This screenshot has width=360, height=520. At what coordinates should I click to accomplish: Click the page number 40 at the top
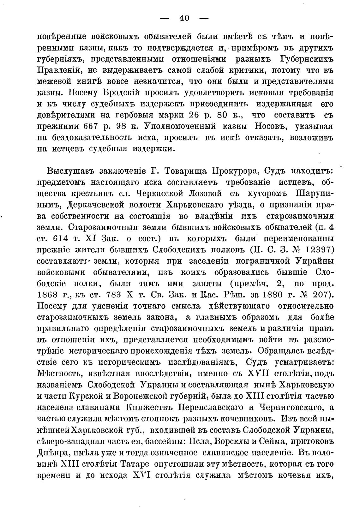pyautogui.click(x=184, y=18)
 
